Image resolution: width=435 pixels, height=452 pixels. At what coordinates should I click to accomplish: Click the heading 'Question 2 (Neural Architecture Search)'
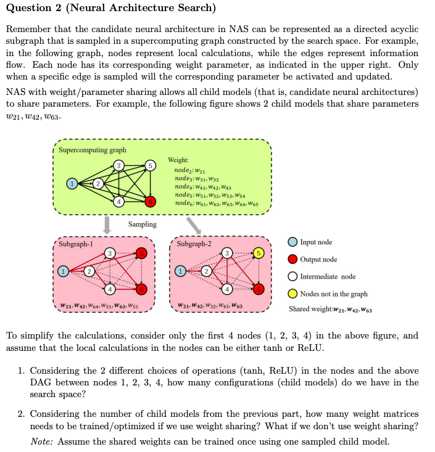(110, 8)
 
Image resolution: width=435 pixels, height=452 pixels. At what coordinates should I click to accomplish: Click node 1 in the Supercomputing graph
(72, 184)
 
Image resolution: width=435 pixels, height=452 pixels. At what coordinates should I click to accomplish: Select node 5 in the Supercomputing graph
(149, 165)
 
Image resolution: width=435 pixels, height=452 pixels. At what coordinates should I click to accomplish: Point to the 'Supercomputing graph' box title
(93, 150)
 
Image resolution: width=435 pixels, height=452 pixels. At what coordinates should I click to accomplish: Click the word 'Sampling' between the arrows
(143, 224)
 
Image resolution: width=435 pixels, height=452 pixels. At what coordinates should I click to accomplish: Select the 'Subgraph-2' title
(194, 244)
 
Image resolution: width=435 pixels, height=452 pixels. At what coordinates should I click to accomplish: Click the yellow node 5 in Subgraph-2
(259, 253)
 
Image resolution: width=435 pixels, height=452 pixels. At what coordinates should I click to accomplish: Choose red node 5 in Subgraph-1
(141, 253)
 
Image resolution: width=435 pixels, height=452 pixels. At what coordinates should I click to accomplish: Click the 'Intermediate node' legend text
(328, 276)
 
